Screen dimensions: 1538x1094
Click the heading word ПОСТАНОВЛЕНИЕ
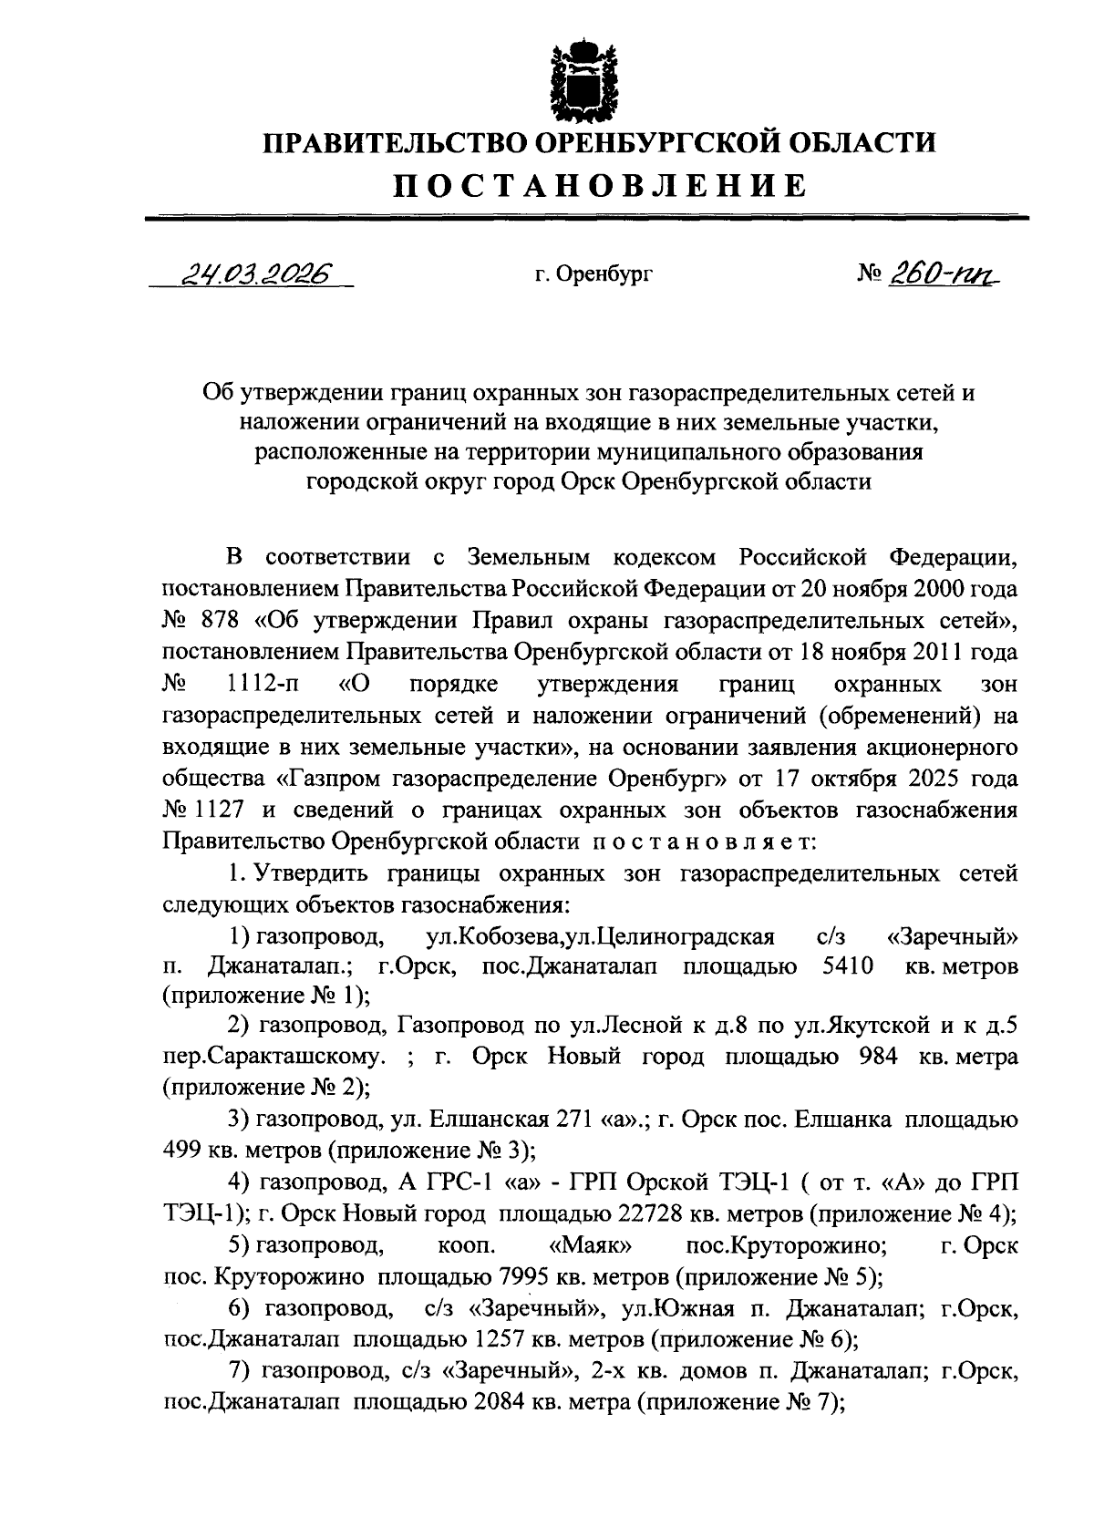(600, 186)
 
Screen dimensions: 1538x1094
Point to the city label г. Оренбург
(594, 274)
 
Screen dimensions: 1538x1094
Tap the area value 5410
(842, 966)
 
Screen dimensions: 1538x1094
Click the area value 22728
(640, 1213)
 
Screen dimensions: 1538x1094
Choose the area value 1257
(506, 1339)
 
